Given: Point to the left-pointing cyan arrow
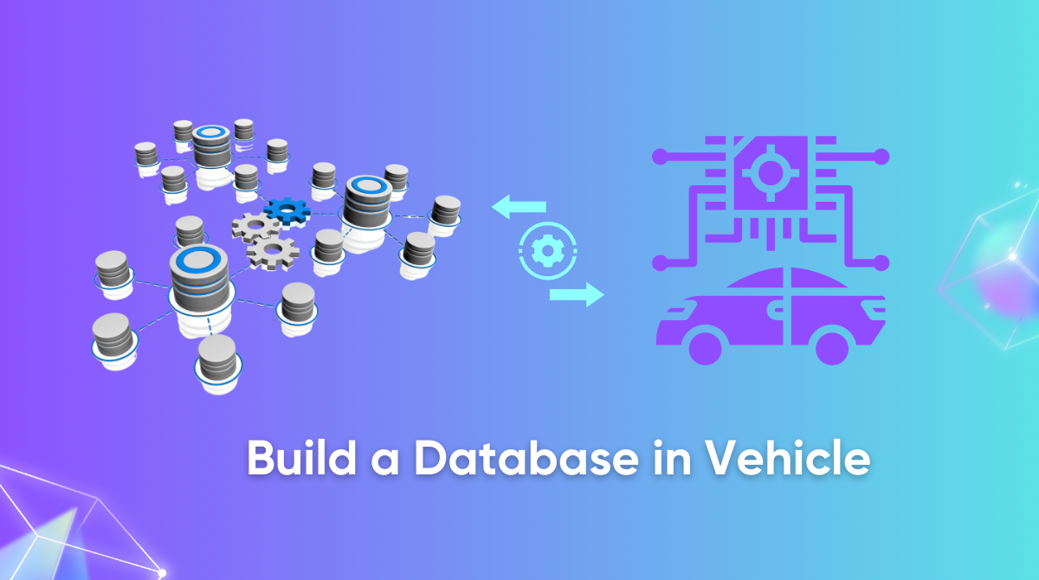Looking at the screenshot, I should coord(519,207).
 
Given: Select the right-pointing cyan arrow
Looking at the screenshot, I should coord(577,294).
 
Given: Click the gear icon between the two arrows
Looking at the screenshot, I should coord(547,251).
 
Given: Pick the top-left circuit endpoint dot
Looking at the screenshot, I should coord(660,157).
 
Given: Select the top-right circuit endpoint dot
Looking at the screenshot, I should coord(881,157).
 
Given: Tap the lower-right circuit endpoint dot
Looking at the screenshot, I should coord(881,261).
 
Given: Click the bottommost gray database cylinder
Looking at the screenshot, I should coord(217,359).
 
